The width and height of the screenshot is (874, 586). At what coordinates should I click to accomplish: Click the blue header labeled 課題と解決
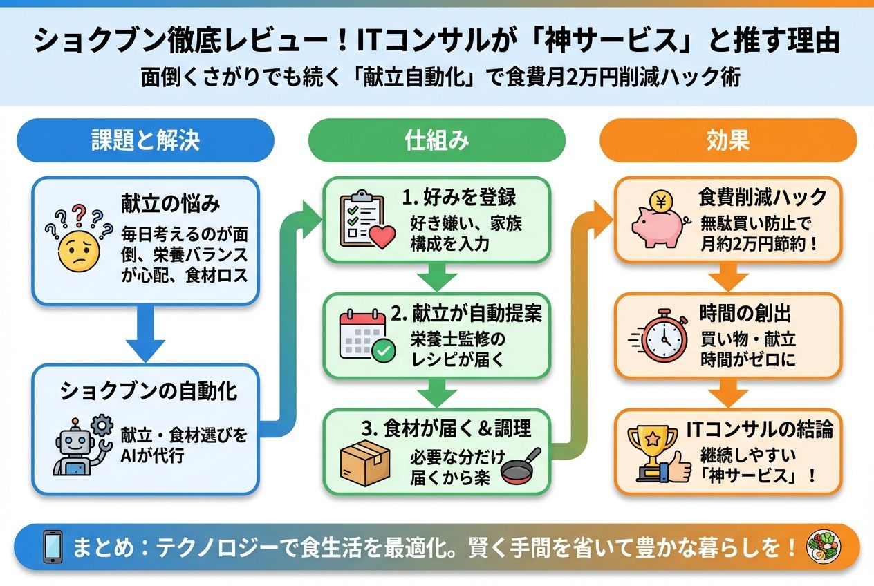coord(145,140)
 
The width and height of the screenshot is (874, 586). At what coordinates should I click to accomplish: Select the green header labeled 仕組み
coord(436,140)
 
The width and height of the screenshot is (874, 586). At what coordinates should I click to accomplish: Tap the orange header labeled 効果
coord(727,140)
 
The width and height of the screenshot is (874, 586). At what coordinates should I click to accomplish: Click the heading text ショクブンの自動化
coord(149,391)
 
